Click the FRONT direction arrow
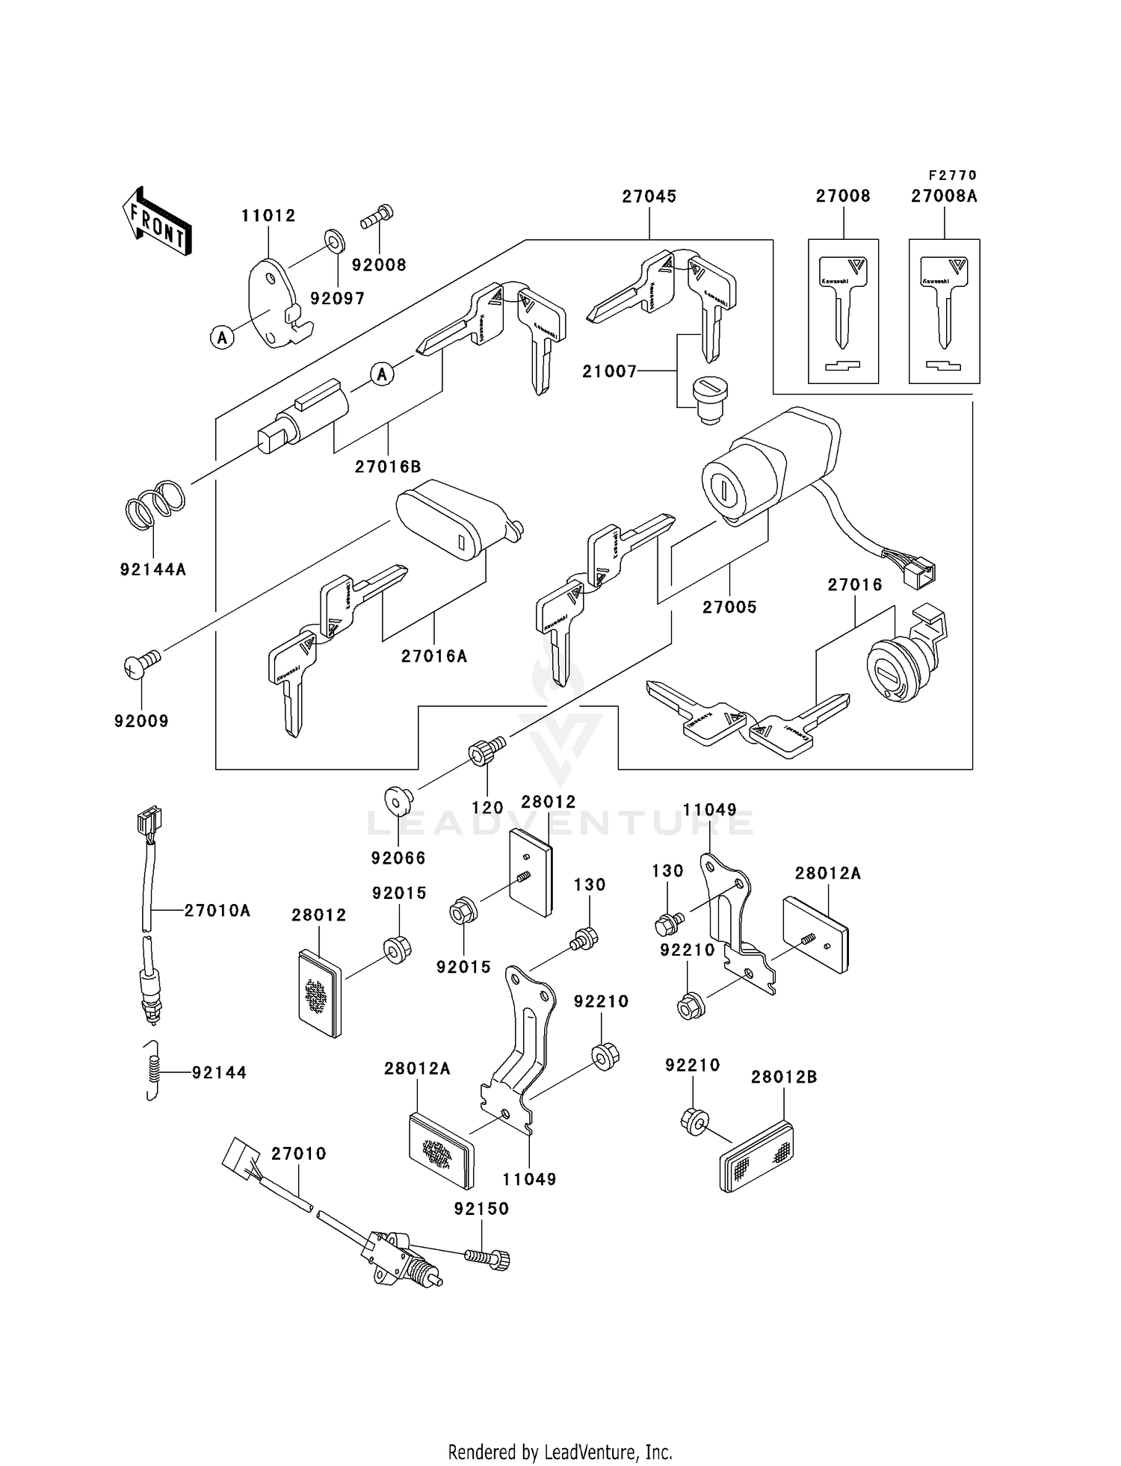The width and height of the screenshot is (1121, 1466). [x=157, y=222]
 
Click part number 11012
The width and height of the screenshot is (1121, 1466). [x=268, y=216]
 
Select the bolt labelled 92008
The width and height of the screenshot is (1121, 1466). [x=378, y=217]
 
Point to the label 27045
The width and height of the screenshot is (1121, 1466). [x=649, y=197]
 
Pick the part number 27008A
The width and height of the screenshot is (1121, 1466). [x=944, y=197]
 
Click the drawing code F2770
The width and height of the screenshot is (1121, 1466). [x=952, y=176]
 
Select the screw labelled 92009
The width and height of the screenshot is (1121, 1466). [x=141, y=663]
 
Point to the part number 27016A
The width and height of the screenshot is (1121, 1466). [x=434, y=657]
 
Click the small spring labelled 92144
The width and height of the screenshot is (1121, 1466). [x=152, y=1070]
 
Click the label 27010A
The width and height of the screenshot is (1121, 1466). [x=217, y=910]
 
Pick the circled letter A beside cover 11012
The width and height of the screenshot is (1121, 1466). [x=222, y=338]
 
